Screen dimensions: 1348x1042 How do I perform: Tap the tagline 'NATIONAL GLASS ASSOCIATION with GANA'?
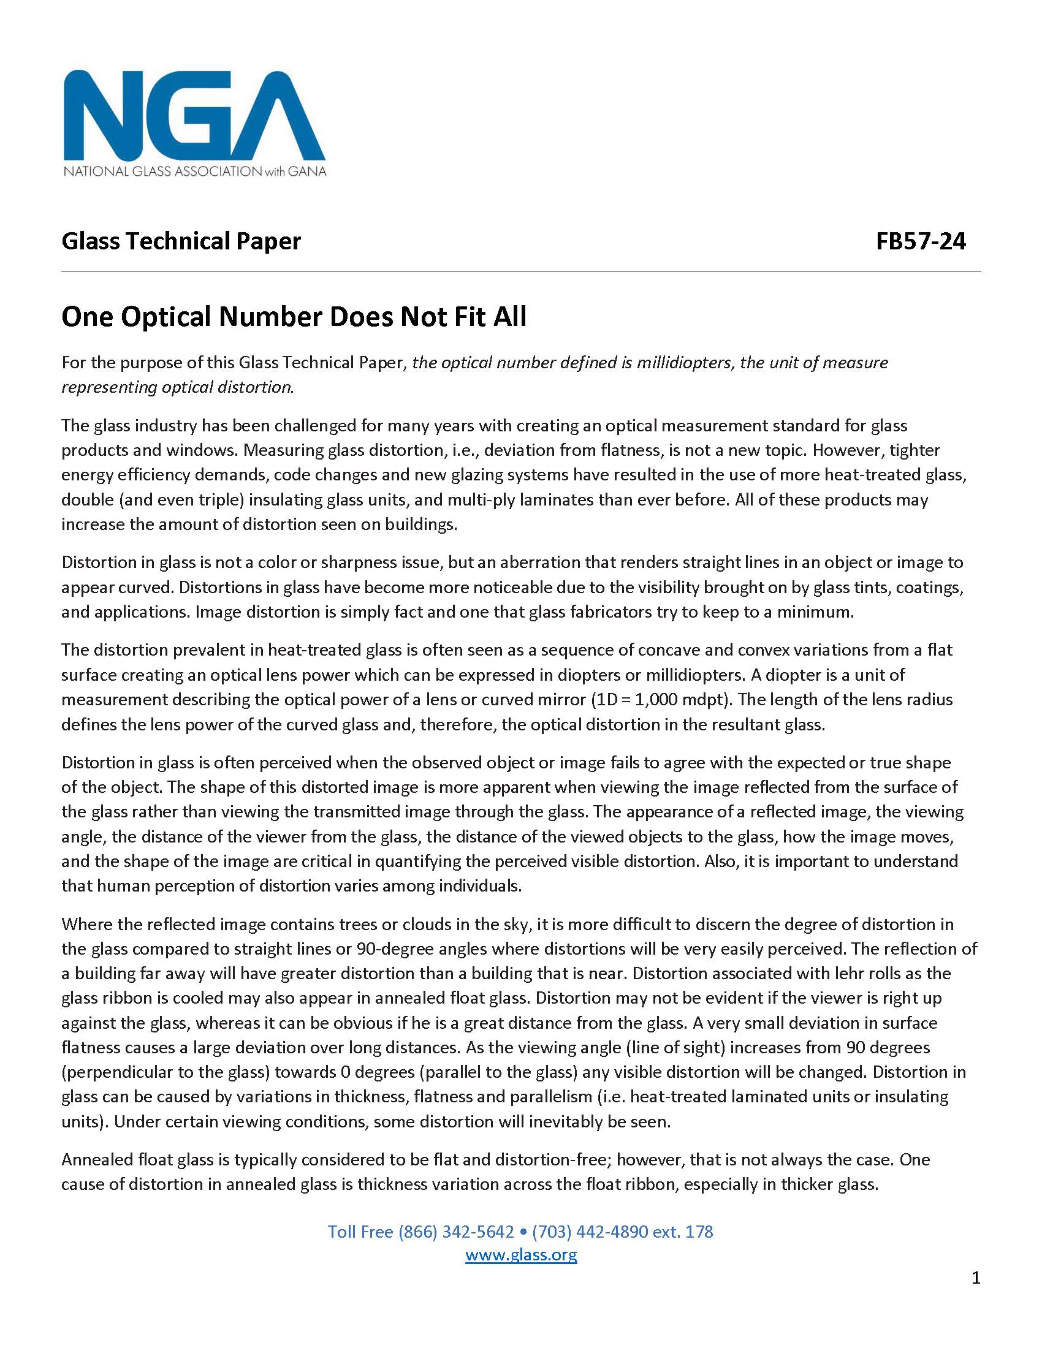194,171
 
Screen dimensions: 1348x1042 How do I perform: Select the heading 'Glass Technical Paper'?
181,241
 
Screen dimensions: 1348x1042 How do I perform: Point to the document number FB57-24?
921,241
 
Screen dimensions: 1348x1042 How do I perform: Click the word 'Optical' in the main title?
165,317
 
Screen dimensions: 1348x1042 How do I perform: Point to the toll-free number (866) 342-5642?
456,1232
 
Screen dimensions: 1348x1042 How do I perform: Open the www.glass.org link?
521,1255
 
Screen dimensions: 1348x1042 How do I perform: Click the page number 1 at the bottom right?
975,1278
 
